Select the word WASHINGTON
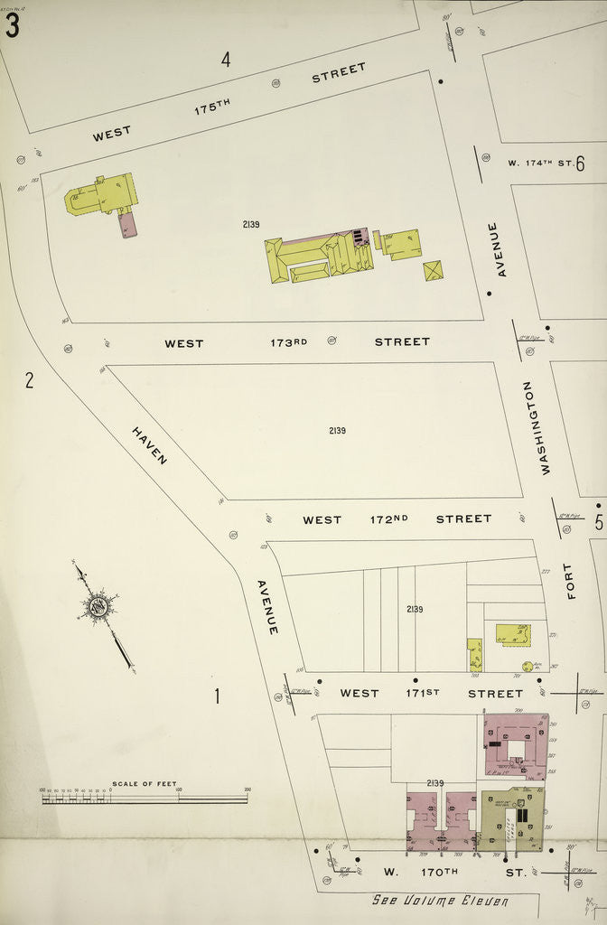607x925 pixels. point(544,427)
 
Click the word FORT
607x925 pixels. point(568,581)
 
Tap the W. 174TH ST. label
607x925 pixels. point(539,163)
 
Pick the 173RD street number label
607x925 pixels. point(288,342)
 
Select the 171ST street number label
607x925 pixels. point(420,693)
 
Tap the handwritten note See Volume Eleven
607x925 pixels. point(441,901)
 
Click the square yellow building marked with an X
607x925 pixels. point(434,270)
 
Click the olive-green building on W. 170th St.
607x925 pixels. point(510,820)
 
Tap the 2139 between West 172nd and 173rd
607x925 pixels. point(336,430)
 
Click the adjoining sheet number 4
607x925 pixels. point(226,61)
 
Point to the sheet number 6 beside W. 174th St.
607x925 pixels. point(580,164)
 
